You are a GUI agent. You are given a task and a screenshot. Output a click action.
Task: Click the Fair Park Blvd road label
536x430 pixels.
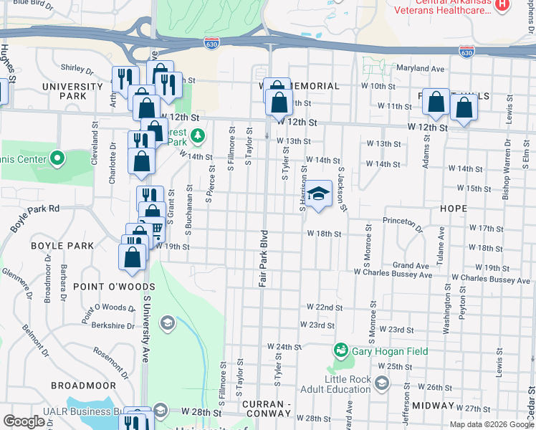click(263, 259)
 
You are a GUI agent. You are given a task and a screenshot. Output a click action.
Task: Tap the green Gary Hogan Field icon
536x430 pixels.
click(340, 351)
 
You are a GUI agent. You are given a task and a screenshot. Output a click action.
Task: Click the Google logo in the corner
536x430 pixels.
click(24, 421)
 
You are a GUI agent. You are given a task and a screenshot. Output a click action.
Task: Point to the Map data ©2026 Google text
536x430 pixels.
click(492, 424)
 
